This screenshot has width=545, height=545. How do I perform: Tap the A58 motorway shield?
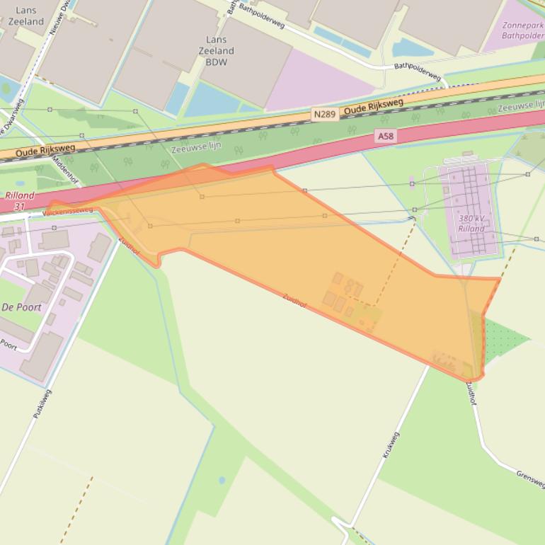point(384,136)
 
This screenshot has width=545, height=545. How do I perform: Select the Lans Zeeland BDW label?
point(216,51)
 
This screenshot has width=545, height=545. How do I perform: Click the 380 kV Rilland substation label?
point(471,224)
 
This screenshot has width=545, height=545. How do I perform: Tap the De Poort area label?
point(21,307)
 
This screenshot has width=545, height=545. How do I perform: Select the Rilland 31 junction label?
point(18,201)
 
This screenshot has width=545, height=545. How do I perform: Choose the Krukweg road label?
point(391,444)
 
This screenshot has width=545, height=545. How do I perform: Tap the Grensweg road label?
point(530,479)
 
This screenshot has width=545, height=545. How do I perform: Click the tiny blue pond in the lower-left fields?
point(222,480)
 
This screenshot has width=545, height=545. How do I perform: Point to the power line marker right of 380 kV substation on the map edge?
point(537,239)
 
